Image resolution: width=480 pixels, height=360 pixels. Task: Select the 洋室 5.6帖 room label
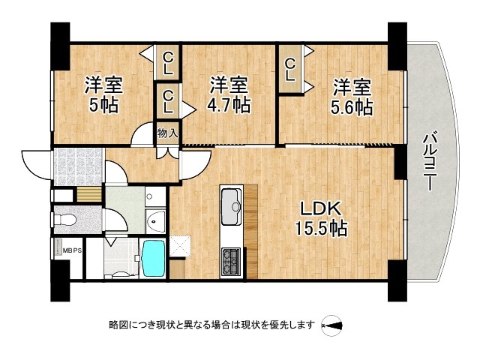pos(351,97)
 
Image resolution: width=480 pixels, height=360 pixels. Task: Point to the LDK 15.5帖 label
pos(324,217)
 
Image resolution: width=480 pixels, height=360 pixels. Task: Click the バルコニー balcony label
pos(430,161)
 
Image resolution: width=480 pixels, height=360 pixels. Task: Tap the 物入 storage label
pos(167,133)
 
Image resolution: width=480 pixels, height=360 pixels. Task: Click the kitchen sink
pos(231,202)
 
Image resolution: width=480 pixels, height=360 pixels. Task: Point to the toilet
pos(66,220)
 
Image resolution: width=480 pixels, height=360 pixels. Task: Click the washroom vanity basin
pos(155,221)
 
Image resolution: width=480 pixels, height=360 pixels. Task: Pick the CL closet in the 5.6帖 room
pos(290,68)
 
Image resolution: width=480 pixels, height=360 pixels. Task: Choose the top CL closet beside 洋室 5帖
pos(168,61)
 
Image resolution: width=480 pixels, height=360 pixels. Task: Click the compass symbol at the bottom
pos(331,325)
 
